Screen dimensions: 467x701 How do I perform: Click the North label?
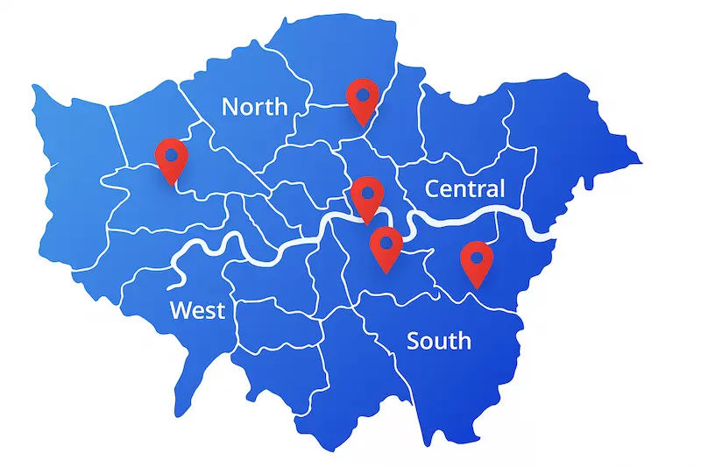[x=254, y=107]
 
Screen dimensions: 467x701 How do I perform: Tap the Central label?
[x=464, y=188]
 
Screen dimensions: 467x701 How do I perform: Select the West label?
[x=197, y=310]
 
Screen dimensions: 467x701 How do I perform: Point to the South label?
[x=438, y=341]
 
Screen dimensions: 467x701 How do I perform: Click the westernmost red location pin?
[x=172, y=159]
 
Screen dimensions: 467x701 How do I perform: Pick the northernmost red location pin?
[x=362, y=100]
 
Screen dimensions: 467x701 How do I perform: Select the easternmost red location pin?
[x=477, y=263]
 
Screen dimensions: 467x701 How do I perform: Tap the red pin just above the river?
[x=367, y=197]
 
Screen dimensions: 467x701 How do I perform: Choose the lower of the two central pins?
[x=386, y=248]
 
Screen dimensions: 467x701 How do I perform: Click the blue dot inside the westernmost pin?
[x=172, y=154]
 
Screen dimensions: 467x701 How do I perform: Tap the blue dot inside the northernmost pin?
[x=362, y=94]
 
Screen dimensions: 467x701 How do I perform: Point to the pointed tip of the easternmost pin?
[x=477, y=287]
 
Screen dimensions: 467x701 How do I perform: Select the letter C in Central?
[x=433, y=188]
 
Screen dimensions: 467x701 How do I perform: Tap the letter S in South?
[x=414, y=341]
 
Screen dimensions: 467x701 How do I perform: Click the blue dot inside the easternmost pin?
[x=477, y=258]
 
